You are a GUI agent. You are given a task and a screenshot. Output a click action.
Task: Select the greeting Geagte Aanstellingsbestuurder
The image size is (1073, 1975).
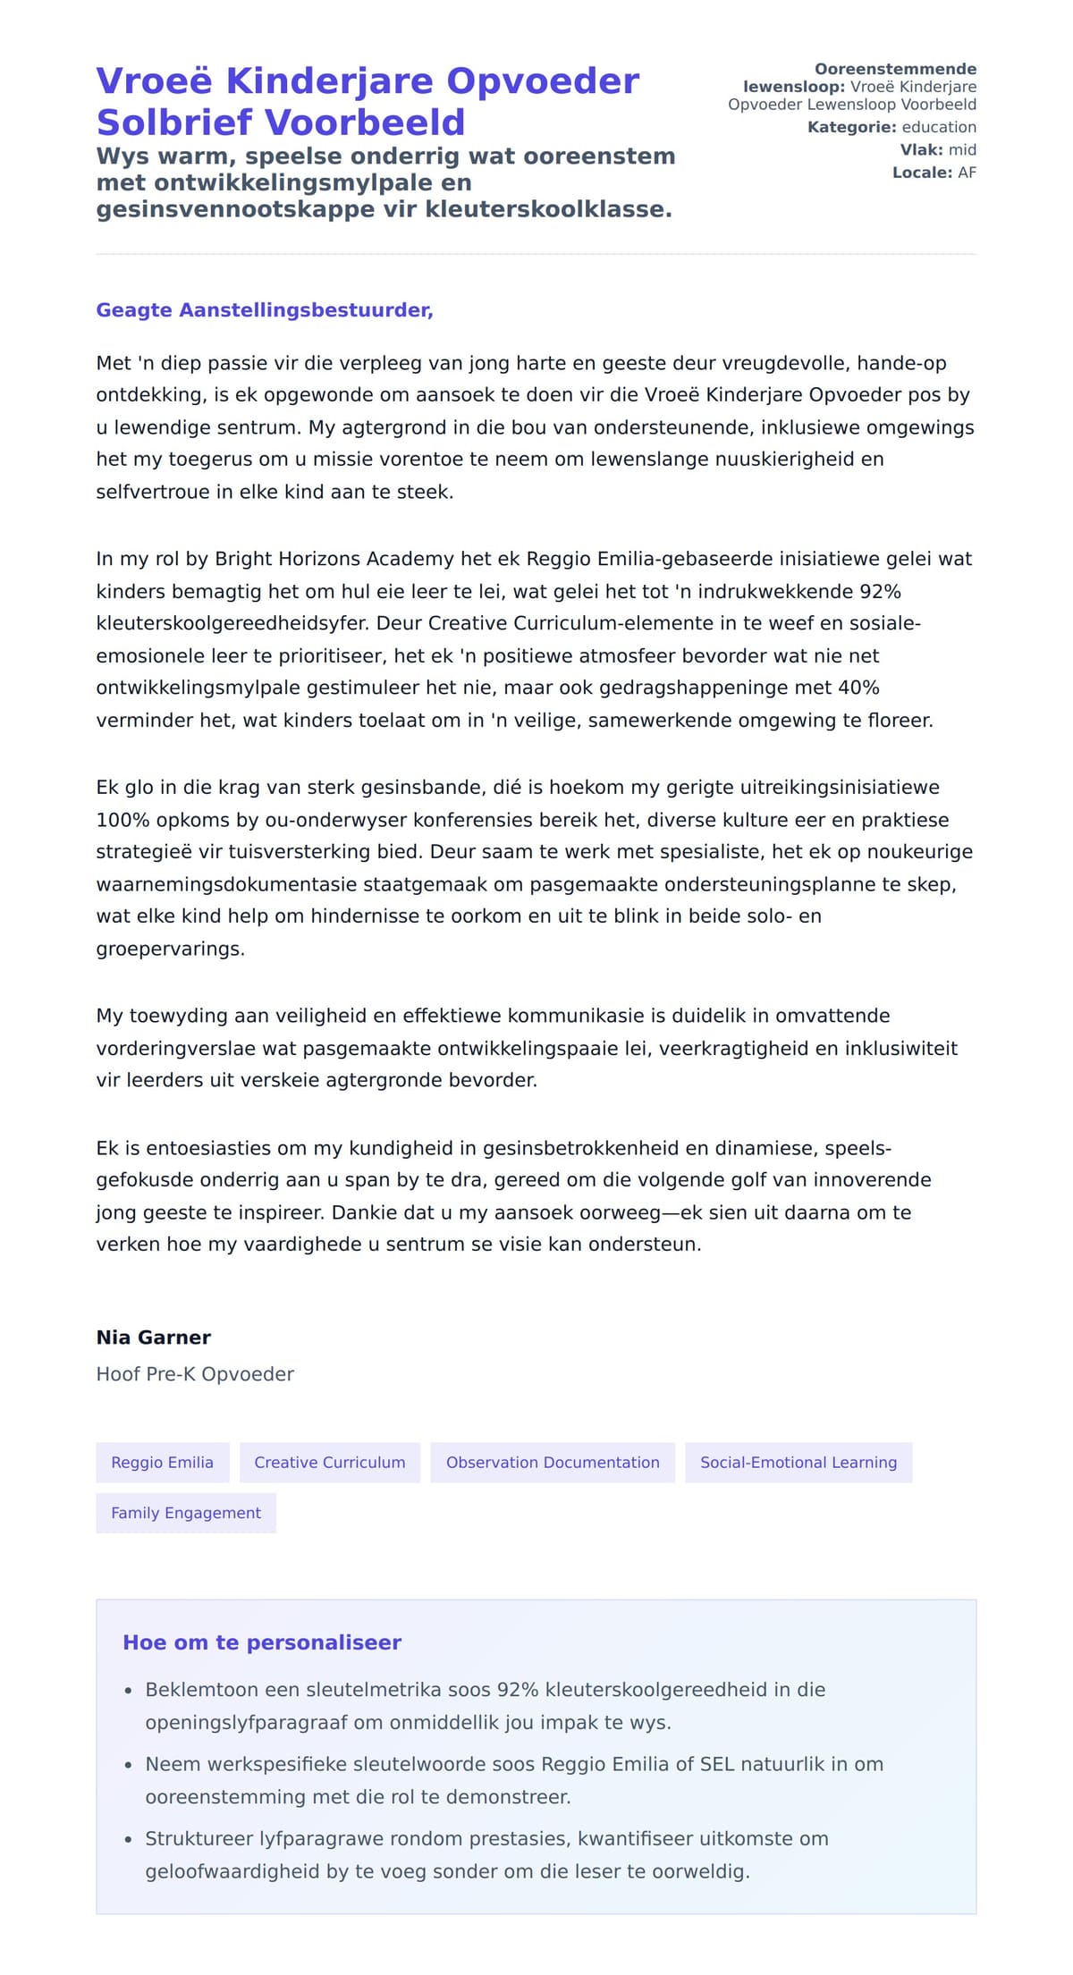tap(265, 310)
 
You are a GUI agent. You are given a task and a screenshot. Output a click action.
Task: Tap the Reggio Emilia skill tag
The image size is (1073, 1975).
tap(162, 1462)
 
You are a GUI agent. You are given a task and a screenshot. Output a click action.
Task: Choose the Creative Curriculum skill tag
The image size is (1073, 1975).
tap(329, 1462)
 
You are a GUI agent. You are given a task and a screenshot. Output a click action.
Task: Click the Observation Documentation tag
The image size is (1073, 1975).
tap(552, 1462)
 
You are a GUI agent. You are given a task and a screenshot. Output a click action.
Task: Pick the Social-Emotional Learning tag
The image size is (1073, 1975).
tap(798, 1462)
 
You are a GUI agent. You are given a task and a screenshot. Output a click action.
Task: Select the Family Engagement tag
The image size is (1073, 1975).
tap(186, 1513)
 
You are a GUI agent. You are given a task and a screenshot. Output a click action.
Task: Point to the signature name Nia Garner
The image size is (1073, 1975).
tap(153, 1338)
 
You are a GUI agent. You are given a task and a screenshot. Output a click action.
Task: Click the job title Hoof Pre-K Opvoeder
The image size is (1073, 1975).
tap(195, 1374)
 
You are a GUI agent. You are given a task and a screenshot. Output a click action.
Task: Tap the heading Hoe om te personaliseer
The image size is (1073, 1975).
tap(261, 1642)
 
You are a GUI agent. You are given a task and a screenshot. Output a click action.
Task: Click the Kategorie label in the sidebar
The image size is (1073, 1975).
tap(851, 127)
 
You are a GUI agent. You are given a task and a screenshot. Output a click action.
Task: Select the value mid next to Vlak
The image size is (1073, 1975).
tap(962, 149)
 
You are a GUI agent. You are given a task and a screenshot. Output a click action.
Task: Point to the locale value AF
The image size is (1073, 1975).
tap(967, 173)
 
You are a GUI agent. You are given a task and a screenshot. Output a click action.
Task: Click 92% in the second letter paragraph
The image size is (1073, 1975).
tap(879, 592)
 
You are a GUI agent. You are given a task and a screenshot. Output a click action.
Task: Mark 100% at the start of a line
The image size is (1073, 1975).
tap(123, 820)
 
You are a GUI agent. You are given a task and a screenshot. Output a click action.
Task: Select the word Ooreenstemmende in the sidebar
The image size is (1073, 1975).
tap(895, 69)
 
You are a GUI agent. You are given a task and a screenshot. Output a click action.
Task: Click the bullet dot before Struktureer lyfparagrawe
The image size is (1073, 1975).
tap(129, 1840)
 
